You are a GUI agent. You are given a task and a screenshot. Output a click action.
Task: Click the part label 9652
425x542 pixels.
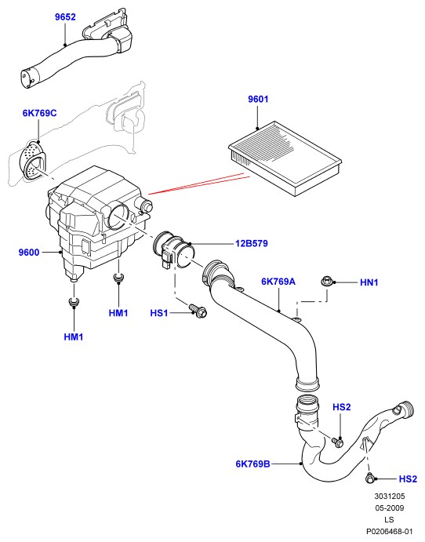click(65, 17)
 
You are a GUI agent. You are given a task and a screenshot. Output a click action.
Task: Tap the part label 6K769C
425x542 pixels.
click(39, 113)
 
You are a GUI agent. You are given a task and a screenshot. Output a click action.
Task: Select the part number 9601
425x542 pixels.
click(258, 99)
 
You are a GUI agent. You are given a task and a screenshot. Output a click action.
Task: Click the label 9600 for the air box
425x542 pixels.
click(29, 253)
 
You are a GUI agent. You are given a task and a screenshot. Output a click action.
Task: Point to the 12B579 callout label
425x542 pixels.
click(252, 244)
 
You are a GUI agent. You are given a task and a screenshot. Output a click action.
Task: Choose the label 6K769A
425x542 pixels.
click(278, 282)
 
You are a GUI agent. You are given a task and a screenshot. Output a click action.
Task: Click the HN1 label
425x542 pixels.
click(369, 282)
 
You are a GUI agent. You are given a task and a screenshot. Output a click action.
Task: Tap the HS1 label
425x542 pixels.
click(159, 313)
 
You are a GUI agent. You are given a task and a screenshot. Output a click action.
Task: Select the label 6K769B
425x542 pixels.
click(253, 464)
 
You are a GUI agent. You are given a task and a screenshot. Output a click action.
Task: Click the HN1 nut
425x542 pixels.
click(326, 282)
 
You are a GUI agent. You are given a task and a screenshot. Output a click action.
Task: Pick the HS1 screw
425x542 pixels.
click(198, 310)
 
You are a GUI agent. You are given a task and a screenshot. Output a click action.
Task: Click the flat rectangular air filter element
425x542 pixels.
click(285, 158)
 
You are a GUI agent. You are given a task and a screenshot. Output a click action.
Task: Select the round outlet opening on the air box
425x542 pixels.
click(118, 216)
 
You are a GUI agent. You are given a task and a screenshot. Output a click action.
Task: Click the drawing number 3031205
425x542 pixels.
click(390, 497)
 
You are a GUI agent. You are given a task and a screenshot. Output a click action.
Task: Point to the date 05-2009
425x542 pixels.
click(390, 508)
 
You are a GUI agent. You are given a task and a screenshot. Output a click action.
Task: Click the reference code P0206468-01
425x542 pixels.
click(390, 531)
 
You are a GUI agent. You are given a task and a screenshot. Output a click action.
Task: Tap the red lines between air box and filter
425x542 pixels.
click(199, 184)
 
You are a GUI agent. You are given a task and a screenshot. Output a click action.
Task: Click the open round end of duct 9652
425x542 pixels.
click(26, 79)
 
